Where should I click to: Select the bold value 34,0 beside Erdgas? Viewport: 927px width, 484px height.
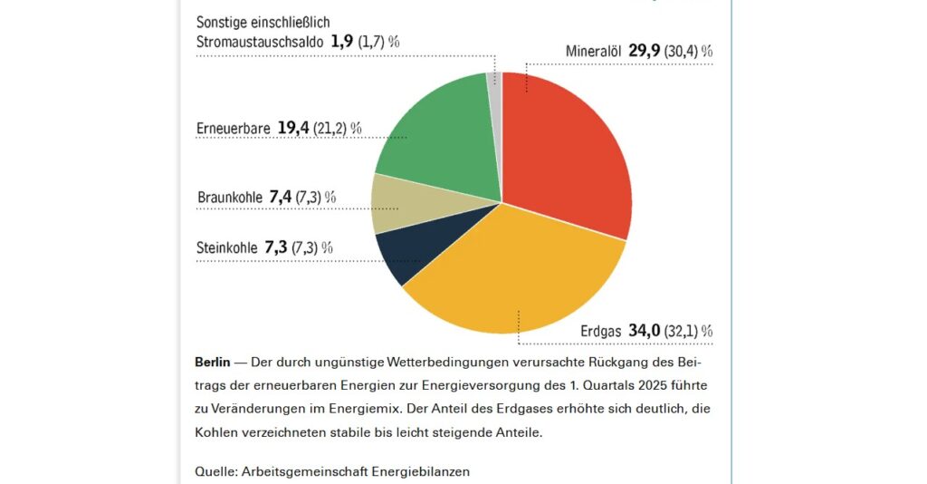point(644,332)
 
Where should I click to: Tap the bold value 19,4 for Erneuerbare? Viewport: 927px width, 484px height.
point(293,129)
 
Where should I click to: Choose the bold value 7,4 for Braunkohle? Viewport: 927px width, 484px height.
point(281,197)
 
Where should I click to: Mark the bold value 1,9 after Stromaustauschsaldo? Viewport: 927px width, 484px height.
point(341,41)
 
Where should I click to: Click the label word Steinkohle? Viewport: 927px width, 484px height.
point(226,247)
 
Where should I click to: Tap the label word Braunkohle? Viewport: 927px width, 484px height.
point(229,197)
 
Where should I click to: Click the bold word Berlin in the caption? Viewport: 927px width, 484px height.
point(212,362)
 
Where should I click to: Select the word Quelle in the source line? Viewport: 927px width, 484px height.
point(214,471)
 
